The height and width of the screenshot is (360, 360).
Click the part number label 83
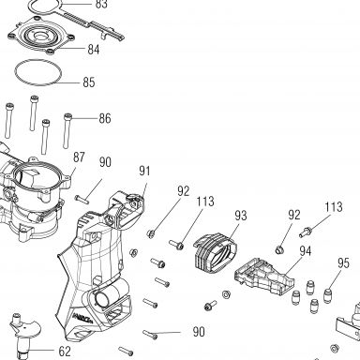coord(101,4)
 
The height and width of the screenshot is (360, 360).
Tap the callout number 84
coord(94,50)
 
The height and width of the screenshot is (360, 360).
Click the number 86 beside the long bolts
coord(105,119)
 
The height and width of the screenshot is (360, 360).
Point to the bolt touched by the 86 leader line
coord(67,130)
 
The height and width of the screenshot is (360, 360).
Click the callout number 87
coord(79,157)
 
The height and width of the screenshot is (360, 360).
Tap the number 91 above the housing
coord(144,171)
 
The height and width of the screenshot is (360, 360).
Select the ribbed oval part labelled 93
coord(215,253)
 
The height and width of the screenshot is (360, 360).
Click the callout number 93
coord(241,216)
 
